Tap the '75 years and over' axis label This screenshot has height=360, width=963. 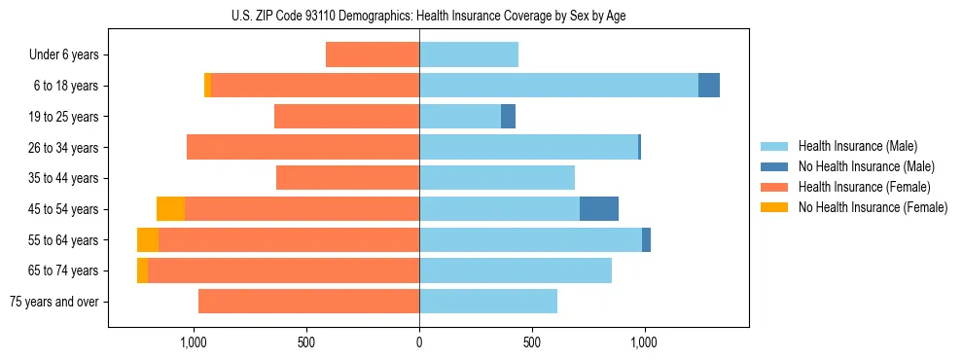click(x=54, y=302)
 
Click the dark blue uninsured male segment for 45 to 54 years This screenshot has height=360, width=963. click(x=599, y=209)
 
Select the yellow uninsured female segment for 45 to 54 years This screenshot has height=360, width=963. click(x=170, y=209)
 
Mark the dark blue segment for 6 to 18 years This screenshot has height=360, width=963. click(x=709, y=86)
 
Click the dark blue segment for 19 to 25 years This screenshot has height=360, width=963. click(x=508, y=117)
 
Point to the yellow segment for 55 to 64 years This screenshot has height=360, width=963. click(x=148, y=240)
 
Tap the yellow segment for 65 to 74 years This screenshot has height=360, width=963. click(x=142, y=270)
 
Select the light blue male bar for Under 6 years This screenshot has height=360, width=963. click(x=469, y=54)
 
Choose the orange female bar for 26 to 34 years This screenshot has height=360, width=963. click(x=303, y=147)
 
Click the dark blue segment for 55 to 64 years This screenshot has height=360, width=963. click(x=646, y=240)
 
